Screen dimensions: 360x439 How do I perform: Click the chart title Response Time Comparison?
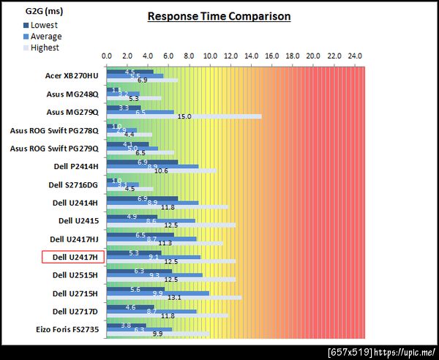[x=219, y=16]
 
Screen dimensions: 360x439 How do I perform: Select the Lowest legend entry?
[x=45, y=25]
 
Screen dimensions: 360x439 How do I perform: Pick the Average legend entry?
[x=45, y=37]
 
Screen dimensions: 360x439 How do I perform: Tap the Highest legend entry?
[x=45, y=48]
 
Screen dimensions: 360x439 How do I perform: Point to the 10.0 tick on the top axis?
[x=210, y=56]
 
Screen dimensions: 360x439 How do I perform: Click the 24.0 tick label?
[x=355, y=56]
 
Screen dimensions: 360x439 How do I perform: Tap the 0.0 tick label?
[x=107, y=56]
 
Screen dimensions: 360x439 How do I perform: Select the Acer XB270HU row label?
[x=72, y=75]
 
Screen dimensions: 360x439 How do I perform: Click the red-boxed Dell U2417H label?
[x=74, y=257]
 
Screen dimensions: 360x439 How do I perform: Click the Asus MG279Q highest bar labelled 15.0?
[x=184, y=116]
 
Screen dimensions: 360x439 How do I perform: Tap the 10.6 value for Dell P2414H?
[x=162, y=171]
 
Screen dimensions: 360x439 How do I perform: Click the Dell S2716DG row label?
[x=73, y=184]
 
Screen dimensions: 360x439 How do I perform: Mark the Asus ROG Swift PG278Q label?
[x=54, y=130]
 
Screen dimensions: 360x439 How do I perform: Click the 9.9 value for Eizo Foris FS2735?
[x=158, y=334]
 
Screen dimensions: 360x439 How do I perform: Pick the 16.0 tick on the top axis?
[x=272, y=56]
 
